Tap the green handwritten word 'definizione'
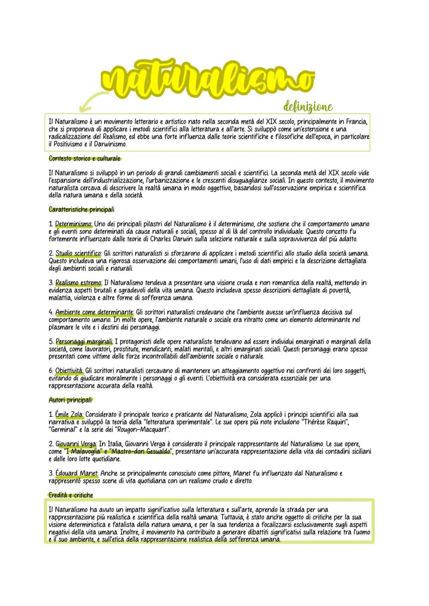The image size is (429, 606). coord(307,106)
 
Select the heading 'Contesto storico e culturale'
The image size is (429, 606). coord(84,158)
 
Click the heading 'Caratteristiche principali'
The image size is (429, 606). coord(81,209)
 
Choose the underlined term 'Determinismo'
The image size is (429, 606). coord(73,224)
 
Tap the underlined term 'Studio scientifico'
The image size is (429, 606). coord(78,253)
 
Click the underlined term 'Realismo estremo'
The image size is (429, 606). coord(78,283)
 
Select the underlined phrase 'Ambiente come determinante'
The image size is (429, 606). coord(94,312)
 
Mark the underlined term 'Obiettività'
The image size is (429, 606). coord(69,371)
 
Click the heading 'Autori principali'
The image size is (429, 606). coord(70,400)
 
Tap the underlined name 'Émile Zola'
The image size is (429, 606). coord(69,415)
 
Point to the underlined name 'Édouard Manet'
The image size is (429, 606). coord(76,473)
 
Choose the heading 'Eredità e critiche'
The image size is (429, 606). coord(71,495)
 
